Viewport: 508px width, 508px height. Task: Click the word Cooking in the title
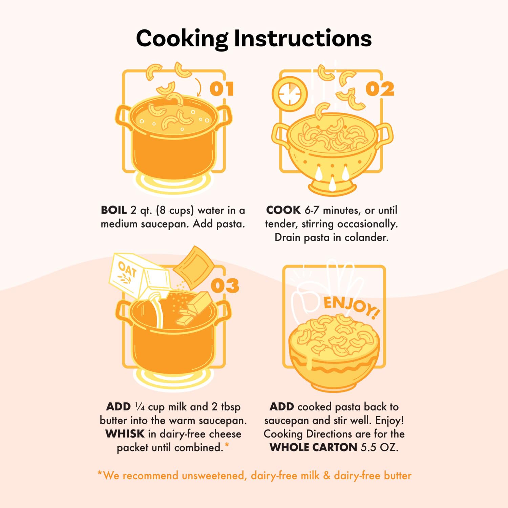click(182, 39)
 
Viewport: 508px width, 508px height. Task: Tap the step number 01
click(222, 89)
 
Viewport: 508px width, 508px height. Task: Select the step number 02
click(380, 89)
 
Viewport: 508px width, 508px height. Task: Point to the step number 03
click(225, 286)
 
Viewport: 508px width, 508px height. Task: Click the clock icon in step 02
click(290, 94)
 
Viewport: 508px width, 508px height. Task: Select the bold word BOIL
click(114, 210)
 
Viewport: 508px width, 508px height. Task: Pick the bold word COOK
click(283, 210)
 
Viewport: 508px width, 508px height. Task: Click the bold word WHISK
click(125, 434)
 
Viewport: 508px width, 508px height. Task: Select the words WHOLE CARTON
click(314, 447)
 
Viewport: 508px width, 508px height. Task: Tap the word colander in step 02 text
click(366, 237)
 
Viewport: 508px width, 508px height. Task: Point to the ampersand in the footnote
click(326, 475)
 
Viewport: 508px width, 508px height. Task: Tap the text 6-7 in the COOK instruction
click(312, 210)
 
